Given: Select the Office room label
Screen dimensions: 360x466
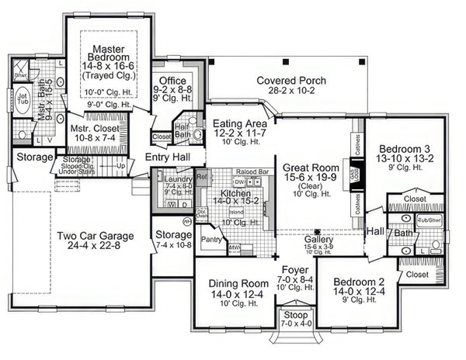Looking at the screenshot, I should [171, 80].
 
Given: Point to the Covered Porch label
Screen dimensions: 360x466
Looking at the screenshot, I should [291, 80].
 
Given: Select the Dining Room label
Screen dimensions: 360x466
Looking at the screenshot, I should [234, 284].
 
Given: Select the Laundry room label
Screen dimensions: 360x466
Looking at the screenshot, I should [178, 179].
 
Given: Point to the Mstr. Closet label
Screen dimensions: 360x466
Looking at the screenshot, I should [92, 128].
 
